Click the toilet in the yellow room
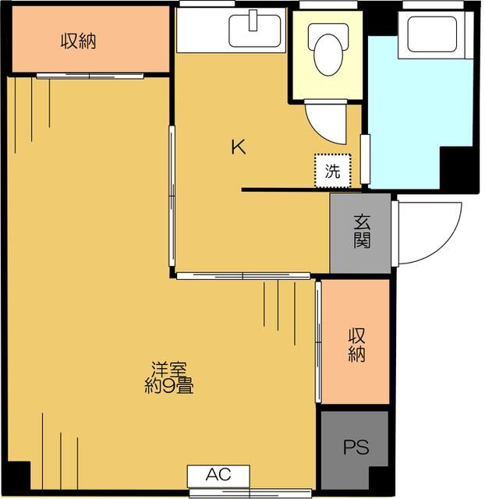click(x=327, y=49)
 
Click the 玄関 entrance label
click(x=360, y=232)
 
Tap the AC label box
click(x=218, y=474)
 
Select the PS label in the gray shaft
click(x=356, y=449)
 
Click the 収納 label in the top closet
click(x=79, y=41)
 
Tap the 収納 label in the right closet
click(x=356, y=344)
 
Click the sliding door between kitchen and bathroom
click(x=364, y=159)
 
